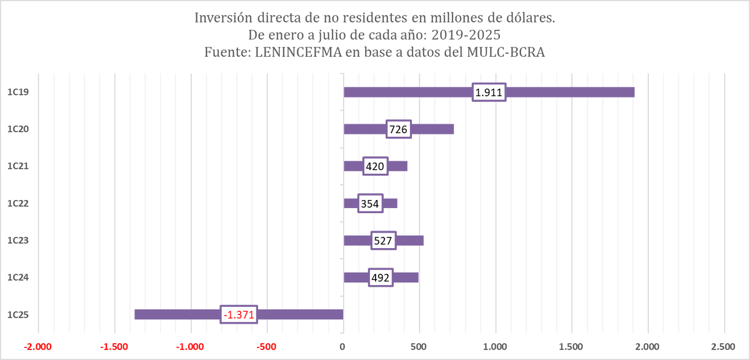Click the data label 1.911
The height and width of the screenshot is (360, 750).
click(489, 92)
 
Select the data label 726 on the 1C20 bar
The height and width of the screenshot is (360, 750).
click(398, 129)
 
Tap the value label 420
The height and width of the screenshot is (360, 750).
click(375, 166)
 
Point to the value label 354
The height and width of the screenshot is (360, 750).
click(370, 204)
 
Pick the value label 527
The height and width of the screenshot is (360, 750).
click(382, 241)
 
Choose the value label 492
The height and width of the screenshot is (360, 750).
click(380, 277)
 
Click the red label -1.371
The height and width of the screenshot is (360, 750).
click(238, 315)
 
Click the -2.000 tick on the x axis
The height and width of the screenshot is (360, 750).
click(37, 346)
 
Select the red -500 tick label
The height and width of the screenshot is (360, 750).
click(266, 346)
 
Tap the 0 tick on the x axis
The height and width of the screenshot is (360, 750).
click(342, 346)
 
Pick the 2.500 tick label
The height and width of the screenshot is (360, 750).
click(723, 346)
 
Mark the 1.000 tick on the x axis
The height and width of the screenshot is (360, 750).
click(495, 346)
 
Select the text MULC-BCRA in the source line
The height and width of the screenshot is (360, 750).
click(506, 53)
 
